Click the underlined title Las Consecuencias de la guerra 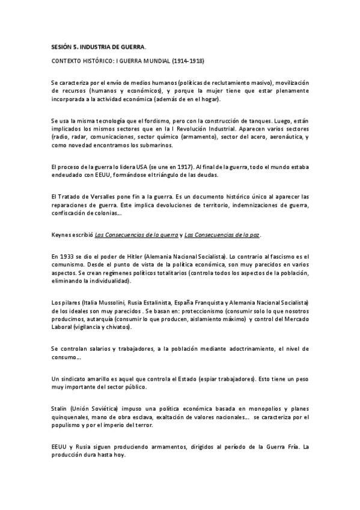tap(130, 234)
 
